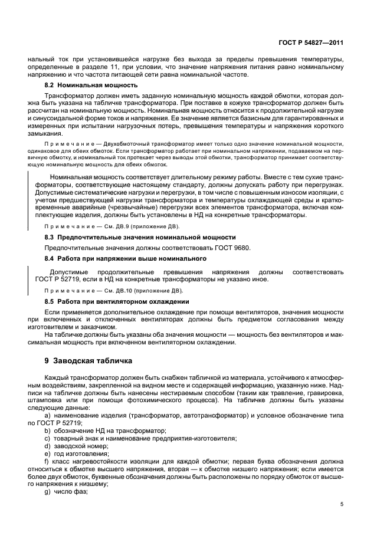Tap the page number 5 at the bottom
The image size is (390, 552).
[x=342, y=504]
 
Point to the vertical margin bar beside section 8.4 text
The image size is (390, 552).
[x=29, y=275]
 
